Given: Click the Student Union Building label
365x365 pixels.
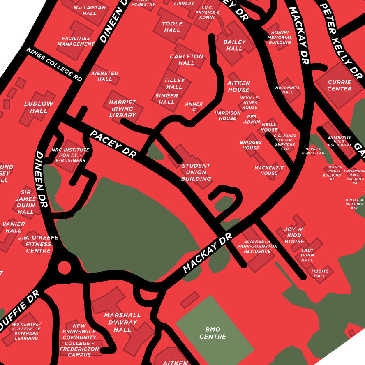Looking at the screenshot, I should (196, 172).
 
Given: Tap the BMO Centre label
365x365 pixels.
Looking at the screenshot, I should (213, 333).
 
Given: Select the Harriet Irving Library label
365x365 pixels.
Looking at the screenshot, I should (122, 109).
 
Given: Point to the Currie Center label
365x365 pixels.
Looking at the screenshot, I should (340, 85).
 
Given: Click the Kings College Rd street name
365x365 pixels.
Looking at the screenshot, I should (54, 64).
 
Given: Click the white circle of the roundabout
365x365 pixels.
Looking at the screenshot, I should (64, 268).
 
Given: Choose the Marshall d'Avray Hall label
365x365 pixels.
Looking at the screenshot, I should (122, 322).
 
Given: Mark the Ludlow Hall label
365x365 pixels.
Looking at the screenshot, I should (39, 107).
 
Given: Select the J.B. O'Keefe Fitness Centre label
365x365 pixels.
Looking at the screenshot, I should (38, 244).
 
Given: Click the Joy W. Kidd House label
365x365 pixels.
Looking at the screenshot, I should (294, 235).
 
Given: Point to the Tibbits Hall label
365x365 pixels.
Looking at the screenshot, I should (319, 273).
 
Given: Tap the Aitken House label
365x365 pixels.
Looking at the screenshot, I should (238, 86).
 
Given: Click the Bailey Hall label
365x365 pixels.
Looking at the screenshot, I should (234, 45).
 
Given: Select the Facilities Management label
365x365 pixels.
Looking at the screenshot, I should (76, 41).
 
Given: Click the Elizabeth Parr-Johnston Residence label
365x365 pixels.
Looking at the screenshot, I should (257, 246).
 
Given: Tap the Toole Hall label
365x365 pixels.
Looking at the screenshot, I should (172, 27).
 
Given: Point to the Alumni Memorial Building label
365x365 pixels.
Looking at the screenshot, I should (280, 37).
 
